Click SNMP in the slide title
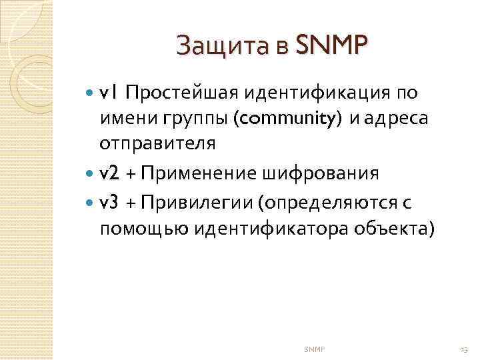(331, 46)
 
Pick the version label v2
(110, 174)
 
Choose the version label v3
(110, 202)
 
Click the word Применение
(201, 174)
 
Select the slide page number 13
(464, 349)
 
